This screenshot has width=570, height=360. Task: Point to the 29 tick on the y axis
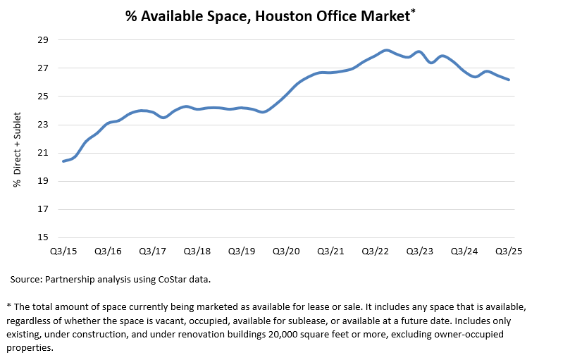[x=43, y=40]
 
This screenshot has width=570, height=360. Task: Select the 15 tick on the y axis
[x=43, y=237]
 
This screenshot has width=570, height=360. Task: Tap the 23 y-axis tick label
[x=43, y=125]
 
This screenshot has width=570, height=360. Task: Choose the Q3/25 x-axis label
[x=508, y=251]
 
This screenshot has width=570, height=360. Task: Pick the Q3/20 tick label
[x=285, y=251]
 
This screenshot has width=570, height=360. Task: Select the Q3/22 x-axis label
[x=375, y=251]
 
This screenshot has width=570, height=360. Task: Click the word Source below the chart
[x=27, y=279]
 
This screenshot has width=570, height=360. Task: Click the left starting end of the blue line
[x=63, y=161]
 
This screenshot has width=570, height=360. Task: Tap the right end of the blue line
[x=509, y=80]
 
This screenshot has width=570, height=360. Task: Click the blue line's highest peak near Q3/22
[x=386, y=50]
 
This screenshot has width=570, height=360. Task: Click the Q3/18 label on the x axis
[x=197, y=251]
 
